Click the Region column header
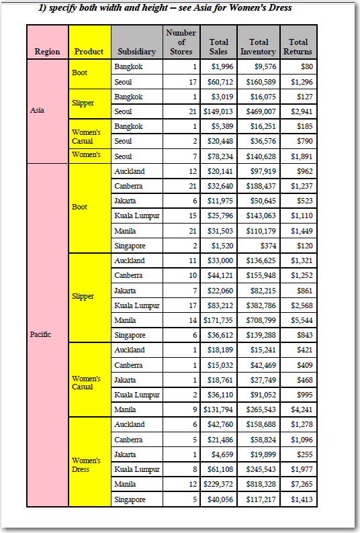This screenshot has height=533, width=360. (x=47, y=52)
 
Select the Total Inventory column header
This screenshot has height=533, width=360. (x=258, y=47)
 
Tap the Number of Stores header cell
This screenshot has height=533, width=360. (x=181, y=42)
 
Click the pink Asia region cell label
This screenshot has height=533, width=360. (x=38, y=111)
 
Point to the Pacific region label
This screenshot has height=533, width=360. (x=41, y=334)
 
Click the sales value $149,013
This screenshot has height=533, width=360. (x=218, y=111)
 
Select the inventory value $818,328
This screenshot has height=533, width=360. (x=259, y=484)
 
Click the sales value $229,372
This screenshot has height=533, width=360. (x=218, y=484)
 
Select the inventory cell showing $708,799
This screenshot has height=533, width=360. (x=259, y=320)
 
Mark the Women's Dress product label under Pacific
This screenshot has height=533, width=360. (x=85, y=465)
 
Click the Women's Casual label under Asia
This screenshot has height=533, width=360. (x=86, y=137)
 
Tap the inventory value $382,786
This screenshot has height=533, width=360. (x=259, y=305)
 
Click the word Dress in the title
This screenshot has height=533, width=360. (x=279, y=7)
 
